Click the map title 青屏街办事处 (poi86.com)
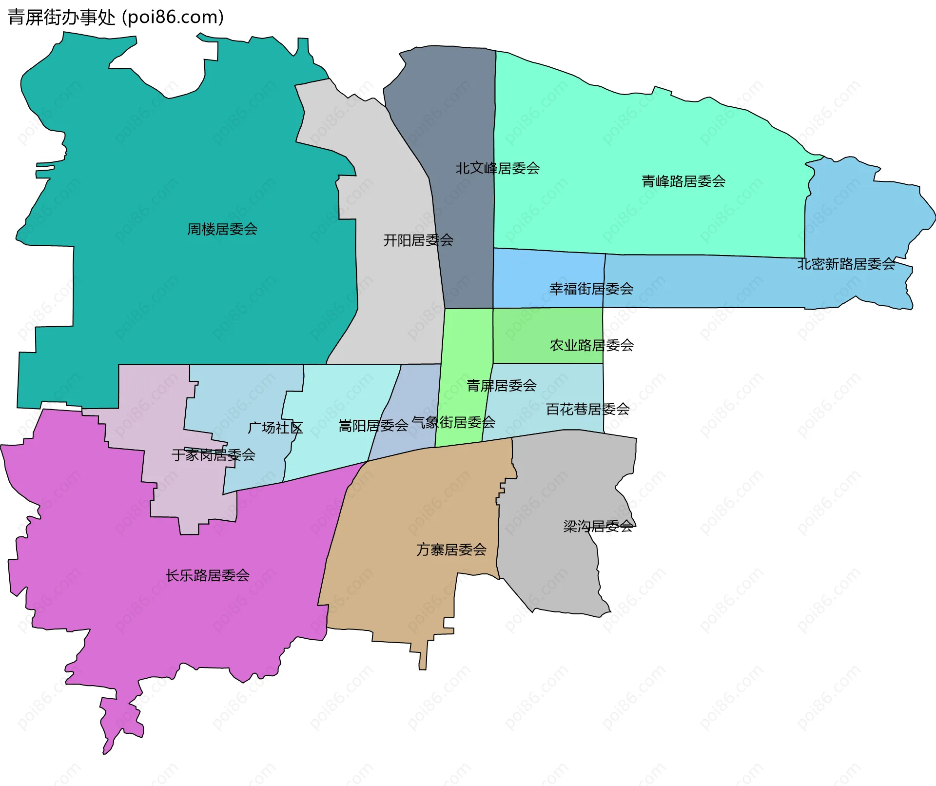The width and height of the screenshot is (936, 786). [x=116, y=18]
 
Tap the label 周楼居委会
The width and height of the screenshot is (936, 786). [x=222, y=229]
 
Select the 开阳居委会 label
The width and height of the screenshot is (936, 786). [x=418, y=240]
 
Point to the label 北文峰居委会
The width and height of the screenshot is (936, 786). [x=497, y=169]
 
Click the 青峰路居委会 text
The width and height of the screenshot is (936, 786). [x=683, y=182]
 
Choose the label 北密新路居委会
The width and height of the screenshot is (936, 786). [x=846, y=264]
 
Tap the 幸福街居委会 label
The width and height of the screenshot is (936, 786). [x=591, y=289]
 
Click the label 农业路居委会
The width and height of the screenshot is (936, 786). [x=591, y=346]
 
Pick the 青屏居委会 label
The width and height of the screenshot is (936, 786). [x=501, y=386]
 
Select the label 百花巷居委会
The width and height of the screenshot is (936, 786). [x=587, y=410]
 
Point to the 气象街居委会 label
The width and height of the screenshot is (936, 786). [x=453, y=422]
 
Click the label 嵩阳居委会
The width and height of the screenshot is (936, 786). [x=373, y=426]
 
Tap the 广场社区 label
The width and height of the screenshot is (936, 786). [x=275, y=428]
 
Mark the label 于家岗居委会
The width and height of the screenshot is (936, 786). [x=213, y=455]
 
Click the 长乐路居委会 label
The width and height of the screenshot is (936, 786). [x=207, y=576]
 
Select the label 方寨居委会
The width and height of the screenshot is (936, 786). [x=451, y=550]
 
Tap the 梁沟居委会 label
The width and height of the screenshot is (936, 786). [x=598, y=527]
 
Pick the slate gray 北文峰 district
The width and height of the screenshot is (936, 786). [x=463, y=112]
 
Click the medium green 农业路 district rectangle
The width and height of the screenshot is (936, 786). [x=526, y=332]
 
